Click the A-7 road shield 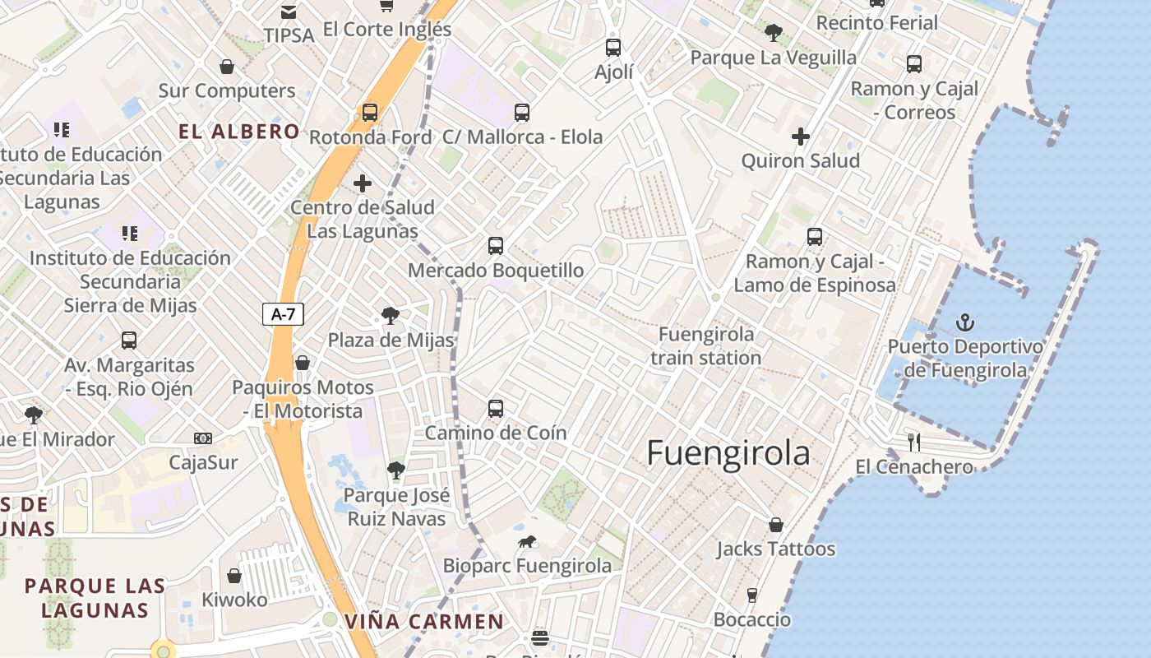[x=283, y=313]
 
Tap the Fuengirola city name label [x=728, y=453]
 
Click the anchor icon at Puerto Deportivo [x=966, y=322]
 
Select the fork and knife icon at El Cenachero [x=913, y=442]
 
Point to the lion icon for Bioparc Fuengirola [x=527, y=541]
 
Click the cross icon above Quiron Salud [x=801, y=137]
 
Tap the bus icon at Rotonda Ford [x=370, y=113]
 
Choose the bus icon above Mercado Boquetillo [x=496, y=246]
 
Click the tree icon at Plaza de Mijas [x=391, y=316]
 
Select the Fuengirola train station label [x=706, y=346]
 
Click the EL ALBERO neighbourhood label [x=239, y=132]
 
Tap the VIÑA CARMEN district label [x=423, y=622]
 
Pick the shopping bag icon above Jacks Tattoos [x=775, y=525]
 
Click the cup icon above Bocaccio [x=751, y=595]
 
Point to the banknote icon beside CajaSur [x=203, y=438]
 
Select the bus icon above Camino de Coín [x=496, y=409]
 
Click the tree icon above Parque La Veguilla [x=773, y=33]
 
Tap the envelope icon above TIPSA [x=289, y=12]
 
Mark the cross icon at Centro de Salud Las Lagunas [x=363, y=183]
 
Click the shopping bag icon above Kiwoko [x=234, y=576]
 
